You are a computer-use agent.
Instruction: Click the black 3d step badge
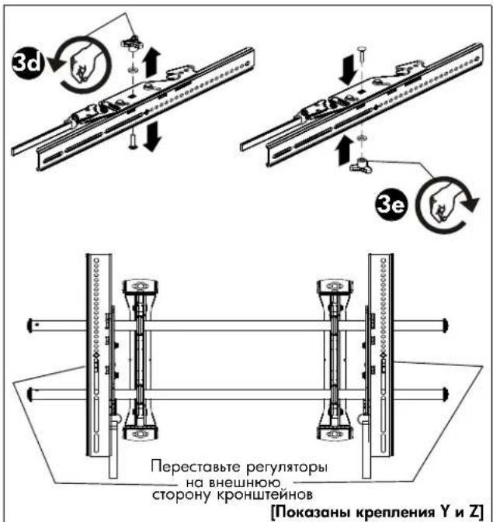point(28,62)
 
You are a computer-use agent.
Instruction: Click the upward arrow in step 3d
point(152,62)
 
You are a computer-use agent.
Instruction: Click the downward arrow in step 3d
point(152,137)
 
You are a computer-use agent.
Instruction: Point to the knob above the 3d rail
point(133,42)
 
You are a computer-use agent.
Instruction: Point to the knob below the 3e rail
point(361,165)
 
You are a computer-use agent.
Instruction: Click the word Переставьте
point(196,466)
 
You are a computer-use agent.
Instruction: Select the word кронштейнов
point(265,495)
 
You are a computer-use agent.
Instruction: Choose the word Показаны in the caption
point(311,512)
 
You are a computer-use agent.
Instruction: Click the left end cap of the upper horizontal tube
point(30,325)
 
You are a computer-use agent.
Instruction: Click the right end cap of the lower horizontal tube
point(445,393)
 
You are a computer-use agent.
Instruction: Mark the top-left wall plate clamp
point(141,286)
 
